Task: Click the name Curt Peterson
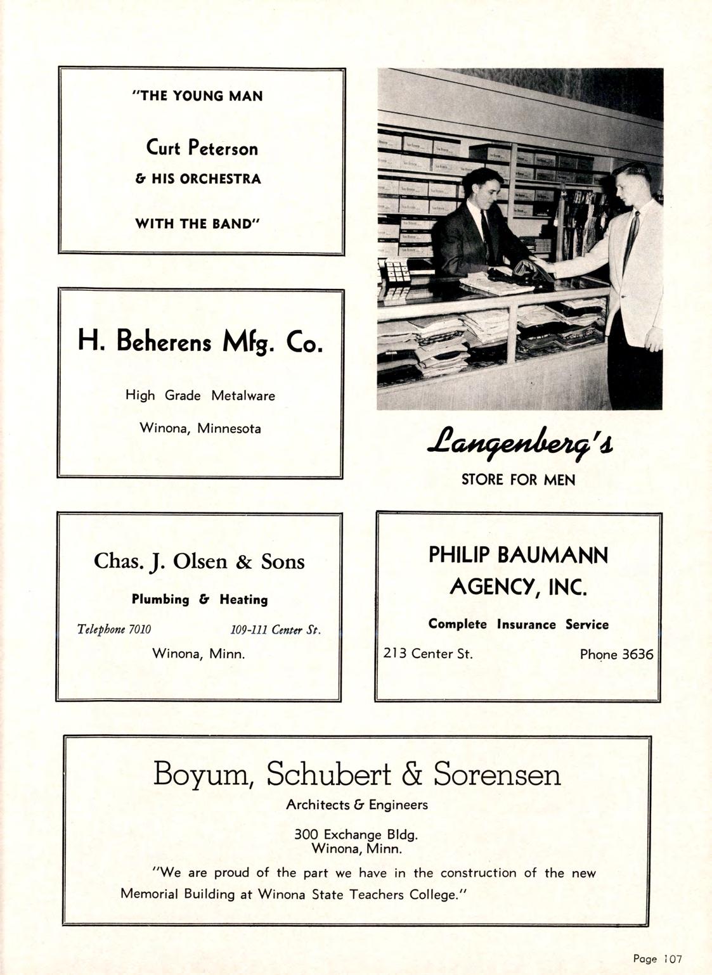[202, 148]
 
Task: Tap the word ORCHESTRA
[221, 179]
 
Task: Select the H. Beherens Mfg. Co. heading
[200, 343]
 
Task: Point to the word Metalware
[243, 396]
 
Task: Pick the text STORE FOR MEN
[518, 480]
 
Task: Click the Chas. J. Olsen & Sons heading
[199, 561]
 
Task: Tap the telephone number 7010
[139, 629]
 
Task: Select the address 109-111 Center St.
[275, 630]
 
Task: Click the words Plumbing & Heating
[200, 599]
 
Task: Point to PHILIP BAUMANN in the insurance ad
[518, 556]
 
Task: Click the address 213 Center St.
[428, 654]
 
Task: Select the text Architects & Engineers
[357, 805]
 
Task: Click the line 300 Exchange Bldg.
[356, 835]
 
